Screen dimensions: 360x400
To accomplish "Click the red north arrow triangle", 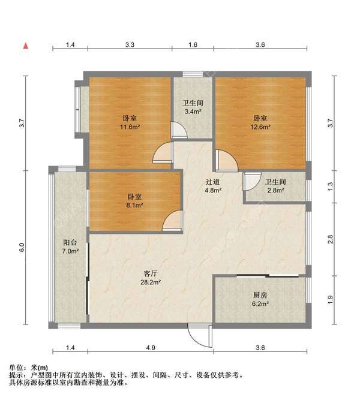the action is pos(26,46).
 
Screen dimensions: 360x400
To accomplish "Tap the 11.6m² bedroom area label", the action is pos(130,122).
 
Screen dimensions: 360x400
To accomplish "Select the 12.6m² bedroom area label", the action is pos(260,122).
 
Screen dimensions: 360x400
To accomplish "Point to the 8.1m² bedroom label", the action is pos(134,201).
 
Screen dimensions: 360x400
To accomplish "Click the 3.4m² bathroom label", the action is pos(193,107).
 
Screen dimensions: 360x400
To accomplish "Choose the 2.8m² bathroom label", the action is pos(275,186).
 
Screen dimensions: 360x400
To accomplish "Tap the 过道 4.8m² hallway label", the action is pos(212,186).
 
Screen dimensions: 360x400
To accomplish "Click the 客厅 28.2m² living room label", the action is pos(151,278).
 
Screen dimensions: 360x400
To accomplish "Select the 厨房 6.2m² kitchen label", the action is pos(260,299).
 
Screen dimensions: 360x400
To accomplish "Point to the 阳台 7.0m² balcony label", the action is pos(70,246).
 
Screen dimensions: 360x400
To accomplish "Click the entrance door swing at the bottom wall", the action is pos(200,335).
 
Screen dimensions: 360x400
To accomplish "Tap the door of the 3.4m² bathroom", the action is pos(179,130).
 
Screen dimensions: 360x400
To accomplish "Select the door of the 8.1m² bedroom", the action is pos(173,221).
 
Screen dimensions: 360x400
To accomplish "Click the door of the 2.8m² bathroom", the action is pos(252,182).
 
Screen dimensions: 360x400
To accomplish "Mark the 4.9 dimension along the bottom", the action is pos(151,348).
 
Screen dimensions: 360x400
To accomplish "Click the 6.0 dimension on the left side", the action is pos(22,247).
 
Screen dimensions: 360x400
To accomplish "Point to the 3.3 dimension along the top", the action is pos(130,45).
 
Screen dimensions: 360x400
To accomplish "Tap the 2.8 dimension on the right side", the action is pos(330,239).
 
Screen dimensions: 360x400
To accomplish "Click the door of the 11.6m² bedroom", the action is pos(163,152).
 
